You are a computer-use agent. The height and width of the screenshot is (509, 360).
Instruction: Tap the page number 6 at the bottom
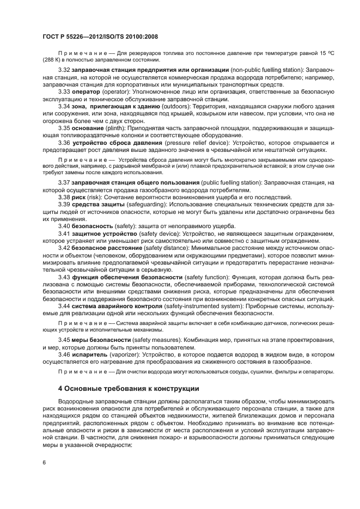(44, 462)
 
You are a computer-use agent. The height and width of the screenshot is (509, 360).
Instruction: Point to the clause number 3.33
(65, 92)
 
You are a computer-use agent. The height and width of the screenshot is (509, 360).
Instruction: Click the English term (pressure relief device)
(199, 143)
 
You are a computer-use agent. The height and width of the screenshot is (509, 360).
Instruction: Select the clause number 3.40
(65, 225)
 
